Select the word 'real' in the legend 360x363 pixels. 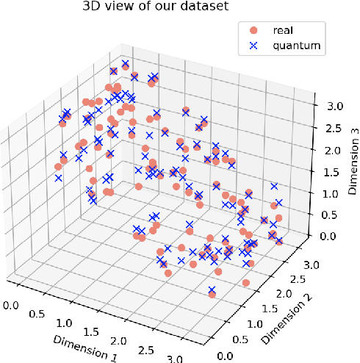tap(283, 31)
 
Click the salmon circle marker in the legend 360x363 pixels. tap(253, 31)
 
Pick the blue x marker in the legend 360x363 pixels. tap(253, 46)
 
